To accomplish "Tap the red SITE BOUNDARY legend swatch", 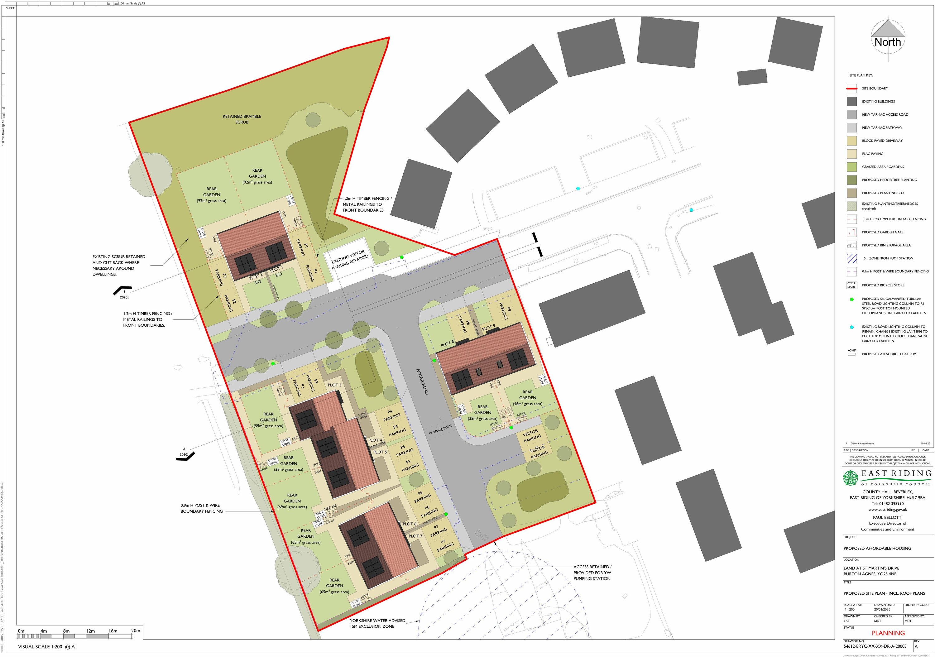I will tap(851, 89).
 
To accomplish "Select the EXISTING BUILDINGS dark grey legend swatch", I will tap(851, 101).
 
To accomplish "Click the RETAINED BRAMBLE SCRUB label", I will tap(242, 119).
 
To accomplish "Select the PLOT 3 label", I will tap(334, 385).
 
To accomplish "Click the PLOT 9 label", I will tap(488, 327).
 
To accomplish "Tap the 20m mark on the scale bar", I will tap(136, 631).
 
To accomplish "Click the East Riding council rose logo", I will tap(850, 478).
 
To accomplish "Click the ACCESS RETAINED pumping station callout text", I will tap(592, 572).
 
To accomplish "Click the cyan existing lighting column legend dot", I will tap(851, 327).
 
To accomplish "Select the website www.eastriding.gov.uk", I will tap(887, 510).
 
